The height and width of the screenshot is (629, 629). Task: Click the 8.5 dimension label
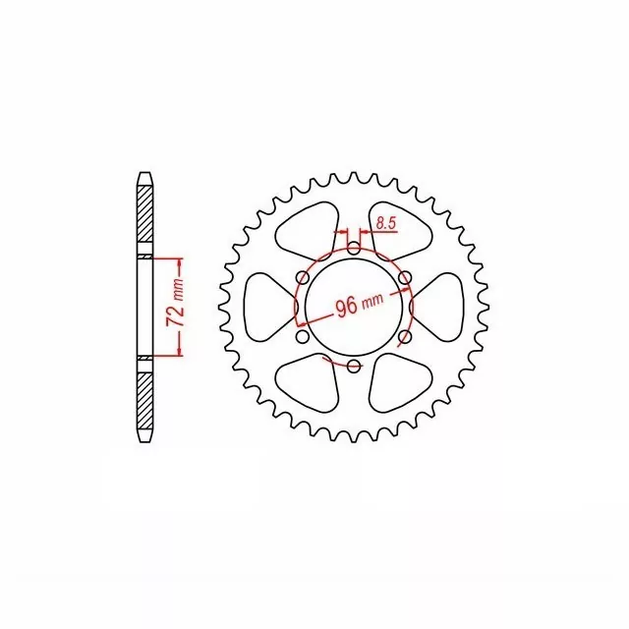click(x=386, y=224)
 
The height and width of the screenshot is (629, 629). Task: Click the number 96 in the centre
click(x=347, y=308)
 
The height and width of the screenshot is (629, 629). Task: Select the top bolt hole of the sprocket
click(x=354, y=249)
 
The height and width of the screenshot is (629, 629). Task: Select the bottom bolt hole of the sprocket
click(x=354, y=366)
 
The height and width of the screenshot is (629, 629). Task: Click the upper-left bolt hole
click(x=303, y=277)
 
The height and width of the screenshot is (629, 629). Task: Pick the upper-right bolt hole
click(x=405, y=277)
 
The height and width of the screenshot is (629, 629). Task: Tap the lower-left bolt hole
click(x=303, y=336)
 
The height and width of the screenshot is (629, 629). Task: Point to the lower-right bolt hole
click(x=405, y=336)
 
